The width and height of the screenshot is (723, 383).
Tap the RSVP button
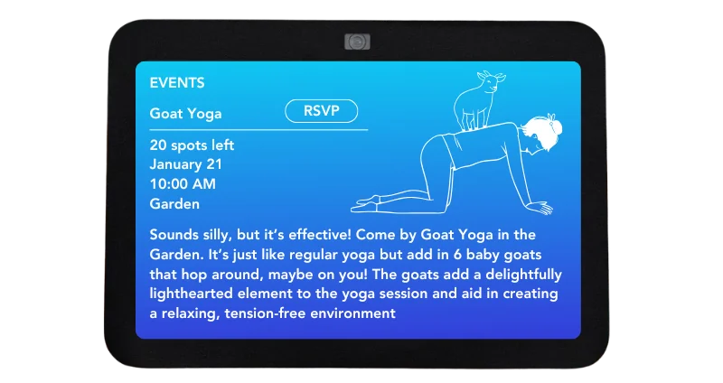coord(322,111)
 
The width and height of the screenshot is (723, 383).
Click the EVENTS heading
coord(177,83)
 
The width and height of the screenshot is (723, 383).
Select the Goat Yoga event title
coord(185,114)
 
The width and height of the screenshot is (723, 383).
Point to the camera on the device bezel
coord(357,42)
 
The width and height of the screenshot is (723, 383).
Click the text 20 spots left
coord(192,145)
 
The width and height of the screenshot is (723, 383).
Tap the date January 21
coord(186,164)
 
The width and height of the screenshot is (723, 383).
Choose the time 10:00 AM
coord(183,184)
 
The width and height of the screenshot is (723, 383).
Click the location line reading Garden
coord(174,204)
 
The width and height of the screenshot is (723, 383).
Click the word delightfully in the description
coord(524,275)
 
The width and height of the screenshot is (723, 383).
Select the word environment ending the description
coord(352,313)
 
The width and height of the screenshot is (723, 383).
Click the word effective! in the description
coord(320,235)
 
